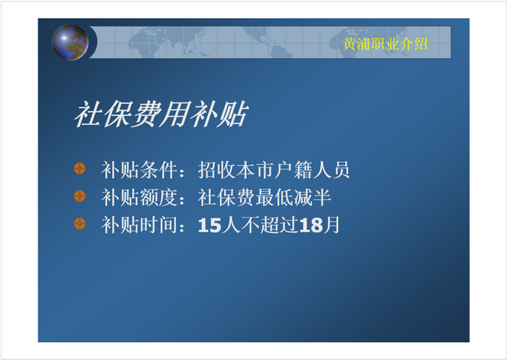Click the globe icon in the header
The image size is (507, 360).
[70, 42]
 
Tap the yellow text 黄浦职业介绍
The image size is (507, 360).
[385, 44]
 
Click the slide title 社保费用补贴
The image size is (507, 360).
[161, 113]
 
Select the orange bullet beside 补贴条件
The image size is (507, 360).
[80, 168]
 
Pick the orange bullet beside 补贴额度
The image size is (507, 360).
[80, 196]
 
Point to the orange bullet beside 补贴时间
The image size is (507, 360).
[80, 224]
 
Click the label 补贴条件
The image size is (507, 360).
[139, 170]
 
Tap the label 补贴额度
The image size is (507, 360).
[139, 197]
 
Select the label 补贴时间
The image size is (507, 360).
[139, 225]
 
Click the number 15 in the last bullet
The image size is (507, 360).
[210, 225]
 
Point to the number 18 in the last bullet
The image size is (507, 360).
[311, 225]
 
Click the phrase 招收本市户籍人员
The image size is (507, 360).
[274, 170]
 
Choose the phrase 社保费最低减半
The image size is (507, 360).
[264, 197]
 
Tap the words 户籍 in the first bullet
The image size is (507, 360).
[293, 170]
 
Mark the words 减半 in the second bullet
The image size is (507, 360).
[312, 197]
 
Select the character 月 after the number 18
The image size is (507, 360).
[332, 225]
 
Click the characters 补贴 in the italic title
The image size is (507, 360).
[219, 113]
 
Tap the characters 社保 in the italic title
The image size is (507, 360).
[102, 113]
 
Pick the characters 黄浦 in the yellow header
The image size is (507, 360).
[357, 44]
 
